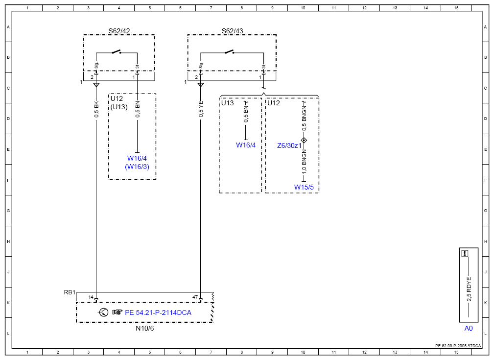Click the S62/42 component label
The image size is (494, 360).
click(x=119, y=31)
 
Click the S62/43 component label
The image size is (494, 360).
click(x=232, y=31)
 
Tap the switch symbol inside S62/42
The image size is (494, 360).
click(x=117, y=52)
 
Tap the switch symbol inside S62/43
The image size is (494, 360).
click(x=229, y=52)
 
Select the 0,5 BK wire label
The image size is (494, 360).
click(x=96, y=109)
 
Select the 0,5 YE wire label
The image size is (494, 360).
click(x=201, y=109)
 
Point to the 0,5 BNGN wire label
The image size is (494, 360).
click(x=304, y=119)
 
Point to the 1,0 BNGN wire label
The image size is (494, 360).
click(x=304, y=162)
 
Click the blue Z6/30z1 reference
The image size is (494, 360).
click(x=289, y=145)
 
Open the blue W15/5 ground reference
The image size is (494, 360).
click(x=304, y=187)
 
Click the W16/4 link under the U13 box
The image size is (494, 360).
click(x=246, y=145)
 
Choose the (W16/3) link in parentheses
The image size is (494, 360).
click(x=137, y=167)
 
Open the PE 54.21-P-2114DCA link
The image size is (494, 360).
click(x=158, y=312)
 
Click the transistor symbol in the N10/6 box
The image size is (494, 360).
click(x=104, y=312)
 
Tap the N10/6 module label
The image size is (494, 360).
click(x=144, y=328)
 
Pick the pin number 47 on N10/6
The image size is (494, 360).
click(x=195, y=297)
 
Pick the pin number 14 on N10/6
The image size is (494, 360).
click(x=91, y=297)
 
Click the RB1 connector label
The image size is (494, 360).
click(x=70, y=292)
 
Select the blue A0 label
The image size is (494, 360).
click(x=469, y=328)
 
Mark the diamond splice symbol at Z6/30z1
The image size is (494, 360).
click(x=304, y=140)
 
